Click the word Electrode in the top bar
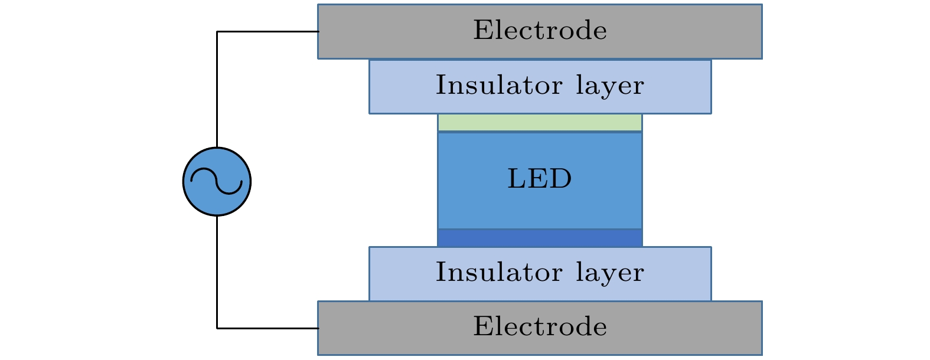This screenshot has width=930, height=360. (x=540, y=31)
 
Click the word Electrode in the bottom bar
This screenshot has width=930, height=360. (x=540, y=327)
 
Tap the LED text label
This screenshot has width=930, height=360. (x=540, y=179)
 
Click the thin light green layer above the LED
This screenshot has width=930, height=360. (x=540, y=123)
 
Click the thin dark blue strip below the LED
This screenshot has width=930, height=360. (x=540, y=238)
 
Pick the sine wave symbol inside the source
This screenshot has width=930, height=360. (x=217, y=181)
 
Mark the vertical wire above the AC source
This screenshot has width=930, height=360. (x=217, y=89)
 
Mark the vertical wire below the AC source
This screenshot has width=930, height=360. (x=217, y=271)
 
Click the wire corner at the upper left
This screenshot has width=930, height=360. (x=217, y=31)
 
